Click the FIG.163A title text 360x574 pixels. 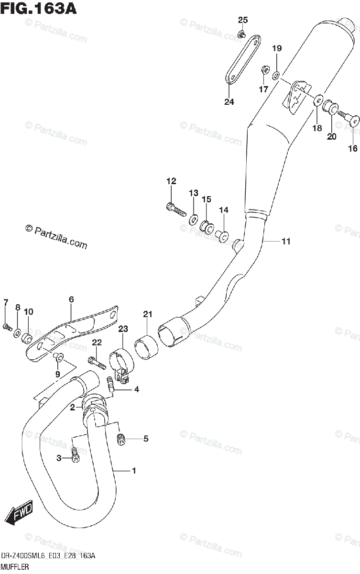point(38,8)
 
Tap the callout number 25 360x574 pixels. point(243,20)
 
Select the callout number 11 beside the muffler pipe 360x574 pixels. point(285,242)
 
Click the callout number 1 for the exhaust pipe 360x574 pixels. point(134,471)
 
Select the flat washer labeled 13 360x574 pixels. point(194,220)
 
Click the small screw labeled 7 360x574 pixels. point(7,327)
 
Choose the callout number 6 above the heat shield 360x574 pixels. point(71,300)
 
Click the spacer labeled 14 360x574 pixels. point(222,235)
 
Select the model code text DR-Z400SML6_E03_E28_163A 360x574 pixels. point(48,556)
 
